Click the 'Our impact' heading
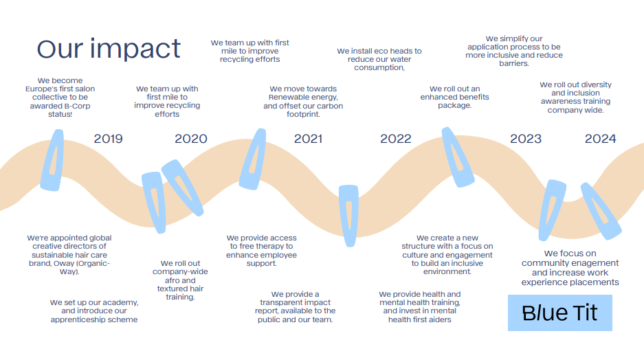point(109,49)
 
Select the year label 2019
point(108,139)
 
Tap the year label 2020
point(190,139)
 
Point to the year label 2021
point(308,139)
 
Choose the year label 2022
point(395,139)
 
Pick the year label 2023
point(525,139)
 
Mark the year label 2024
point(600,139)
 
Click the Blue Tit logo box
point(559,313)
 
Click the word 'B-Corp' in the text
point(77,106)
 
